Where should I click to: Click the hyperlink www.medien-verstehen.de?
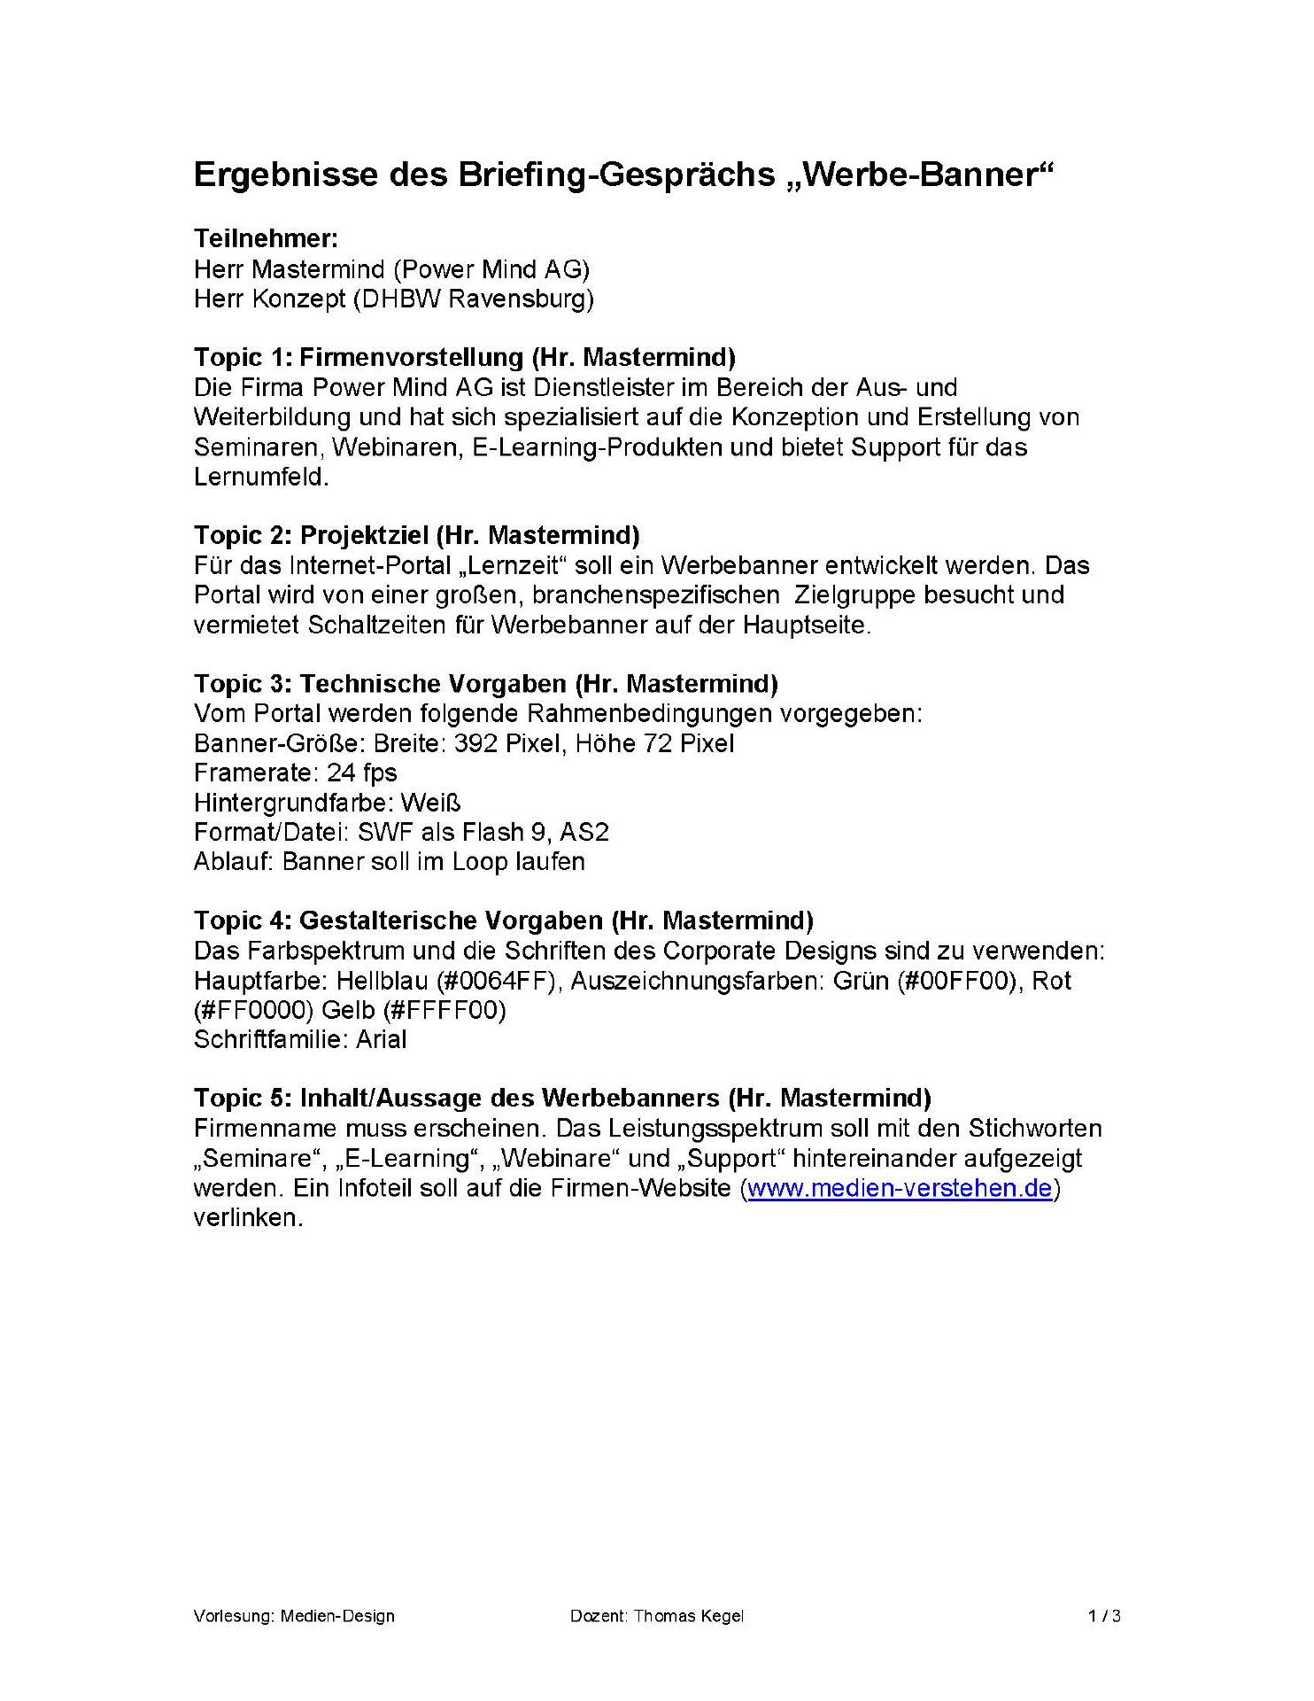(900, 1188)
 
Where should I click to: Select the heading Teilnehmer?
(266, 239)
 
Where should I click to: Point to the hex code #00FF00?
(955, 981)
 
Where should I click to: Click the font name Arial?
(381, 1039)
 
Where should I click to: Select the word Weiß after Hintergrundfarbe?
(430, 803)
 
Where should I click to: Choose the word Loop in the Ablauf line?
(485, 862)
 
